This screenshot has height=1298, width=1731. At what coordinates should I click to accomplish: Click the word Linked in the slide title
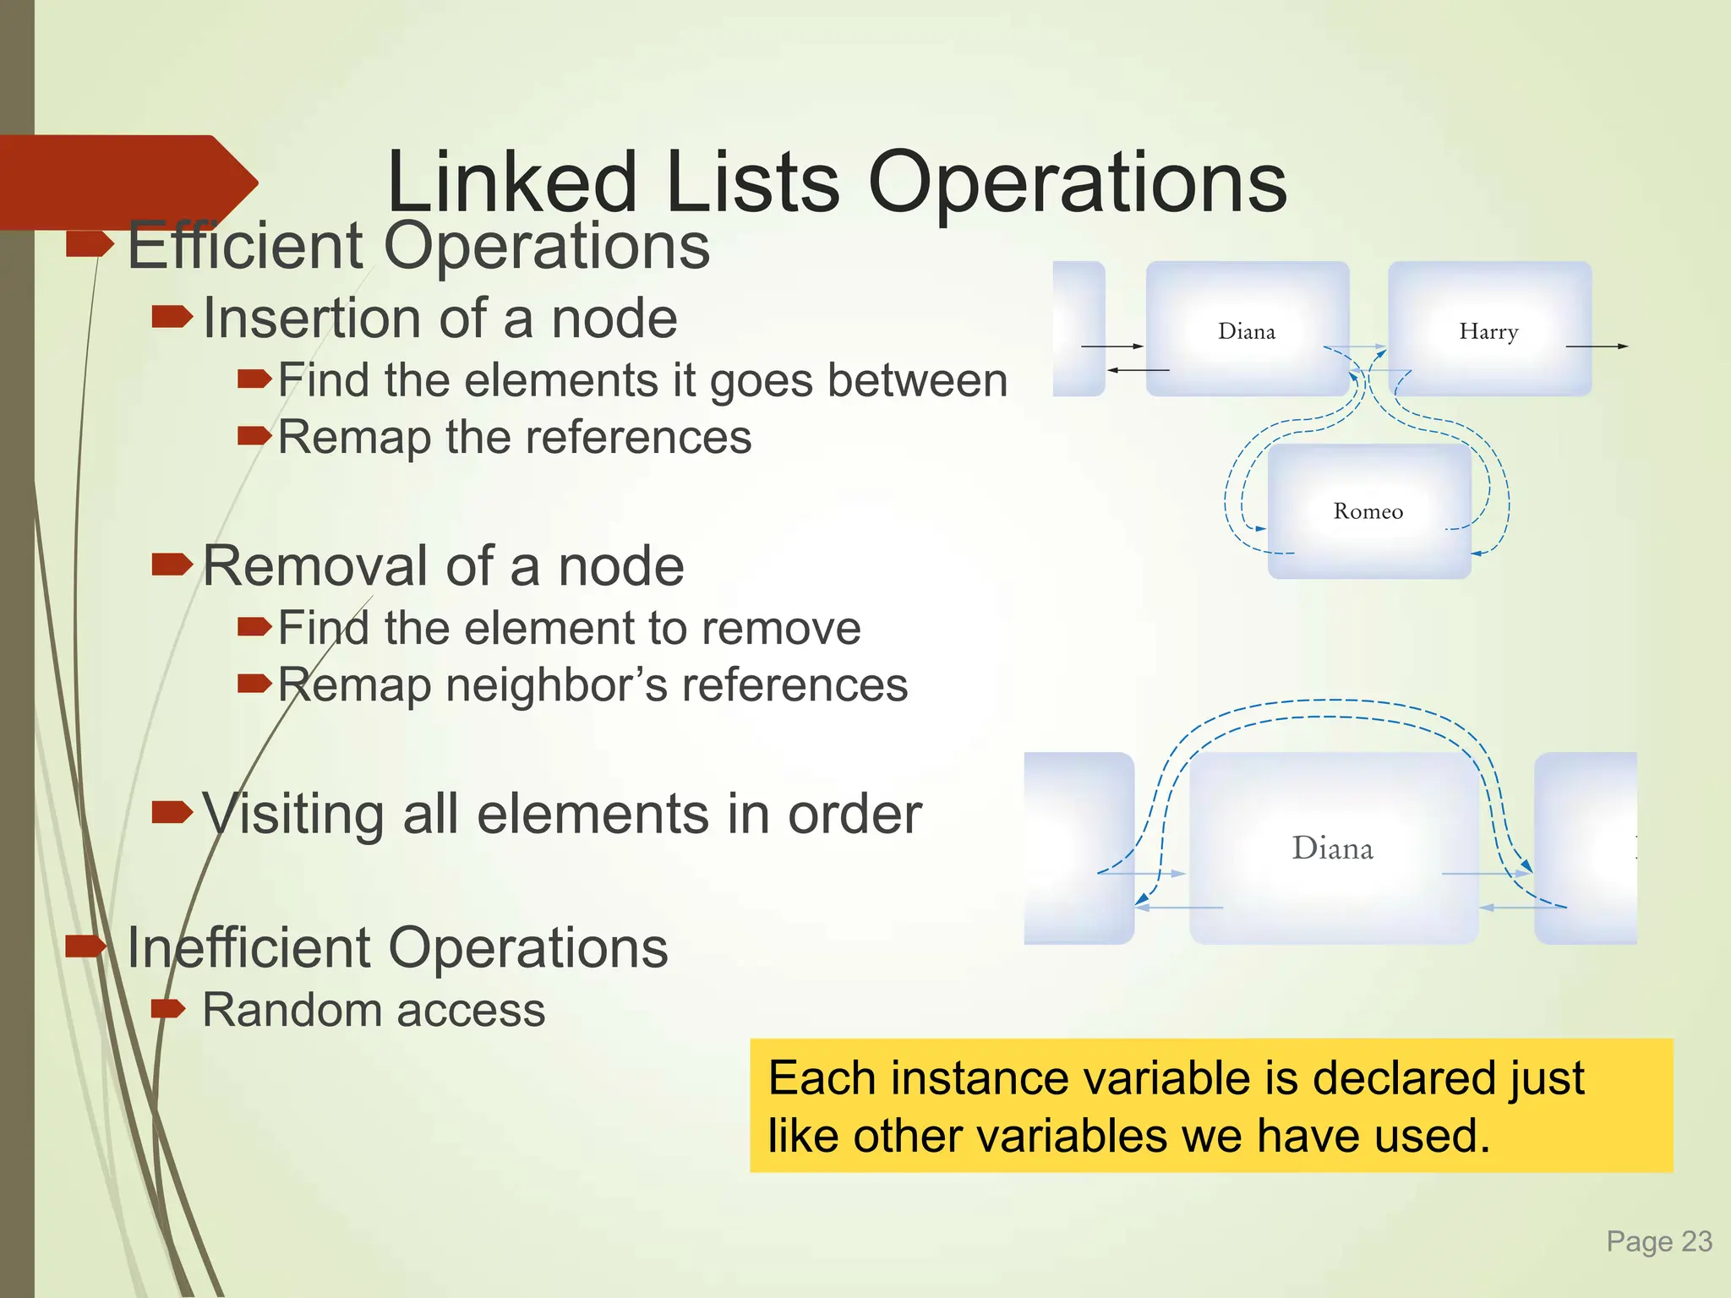point(511,183)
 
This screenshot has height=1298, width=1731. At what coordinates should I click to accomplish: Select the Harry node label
point(1488,332)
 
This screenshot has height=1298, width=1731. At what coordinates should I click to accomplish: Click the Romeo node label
point(1368,511)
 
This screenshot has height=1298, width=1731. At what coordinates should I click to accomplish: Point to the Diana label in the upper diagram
point(1246,331)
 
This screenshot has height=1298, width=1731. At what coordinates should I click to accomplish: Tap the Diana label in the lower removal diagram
point(1332,848)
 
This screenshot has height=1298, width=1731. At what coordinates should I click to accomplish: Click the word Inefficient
point(247,947)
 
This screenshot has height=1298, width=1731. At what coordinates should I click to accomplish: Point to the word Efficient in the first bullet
point(245,246)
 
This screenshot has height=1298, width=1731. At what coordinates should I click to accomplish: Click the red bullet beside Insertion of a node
point(172,317)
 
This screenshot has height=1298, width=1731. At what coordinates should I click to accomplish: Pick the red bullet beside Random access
point(167,1007)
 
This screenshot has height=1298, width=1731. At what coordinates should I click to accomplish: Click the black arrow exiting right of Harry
point(1597,346)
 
